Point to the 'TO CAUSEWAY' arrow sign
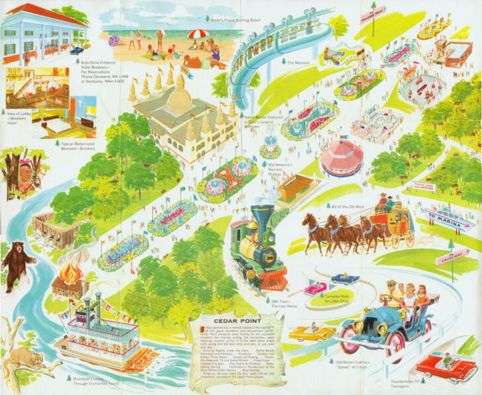(452, 256)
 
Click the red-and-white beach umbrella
(197, 34)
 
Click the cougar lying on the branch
(25, 361)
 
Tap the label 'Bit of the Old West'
(349, 206)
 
